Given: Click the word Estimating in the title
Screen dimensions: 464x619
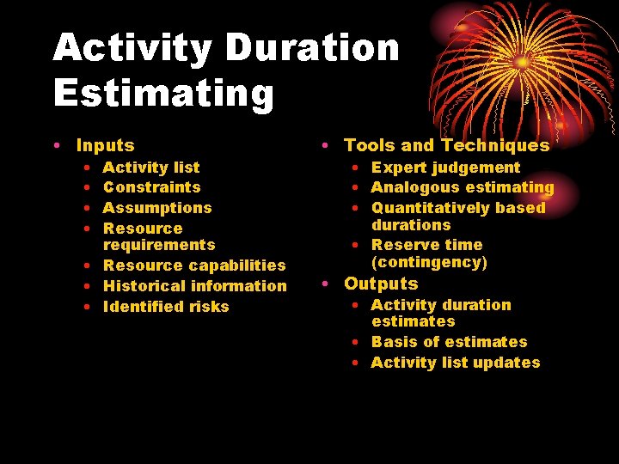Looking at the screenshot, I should coord(163,93).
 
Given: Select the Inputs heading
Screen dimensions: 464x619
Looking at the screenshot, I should coord(105,146).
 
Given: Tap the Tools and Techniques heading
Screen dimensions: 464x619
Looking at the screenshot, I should coord(446,145).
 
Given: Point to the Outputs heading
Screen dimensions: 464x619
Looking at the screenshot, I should coord(381,284).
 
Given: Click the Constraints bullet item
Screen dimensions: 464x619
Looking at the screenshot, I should coord(151,187).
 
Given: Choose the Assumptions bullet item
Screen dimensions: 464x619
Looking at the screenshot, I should coord(156,208).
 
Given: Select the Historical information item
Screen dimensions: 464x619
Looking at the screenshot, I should coord(194,286).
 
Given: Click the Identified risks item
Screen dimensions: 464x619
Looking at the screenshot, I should coord(166,307).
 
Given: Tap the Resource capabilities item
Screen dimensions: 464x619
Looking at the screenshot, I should coord(194,266).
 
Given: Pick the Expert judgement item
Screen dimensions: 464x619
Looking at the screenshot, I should coord(445,168).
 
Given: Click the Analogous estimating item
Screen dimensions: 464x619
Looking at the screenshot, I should coord(463,187).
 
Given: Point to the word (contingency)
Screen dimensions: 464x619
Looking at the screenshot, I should coord(429,262).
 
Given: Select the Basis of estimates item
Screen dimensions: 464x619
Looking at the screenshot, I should coord(449,342).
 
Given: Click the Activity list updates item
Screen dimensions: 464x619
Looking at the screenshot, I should coord(456,363).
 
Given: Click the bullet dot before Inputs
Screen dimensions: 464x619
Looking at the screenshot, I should coord(57,147).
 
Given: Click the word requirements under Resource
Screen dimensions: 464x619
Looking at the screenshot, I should coord(159,245).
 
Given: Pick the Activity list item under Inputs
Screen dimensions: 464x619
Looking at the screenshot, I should coord(150,168).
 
